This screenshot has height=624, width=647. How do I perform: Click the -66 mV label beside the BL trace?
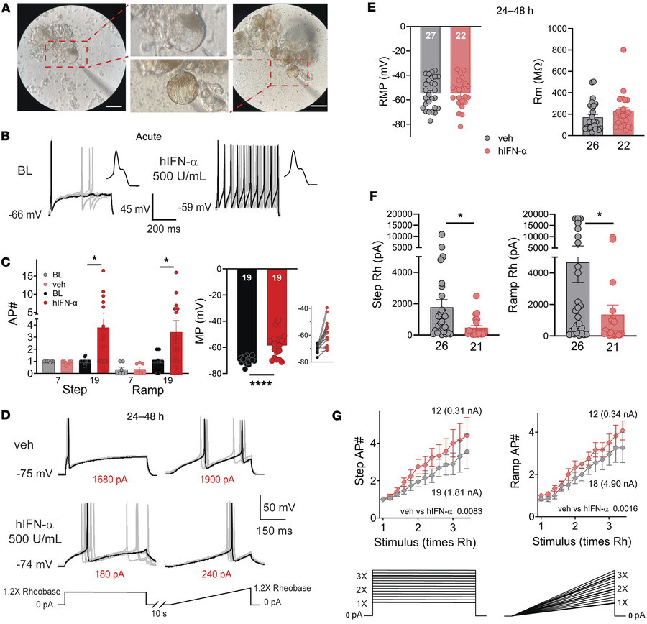[x=26, y=214]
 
